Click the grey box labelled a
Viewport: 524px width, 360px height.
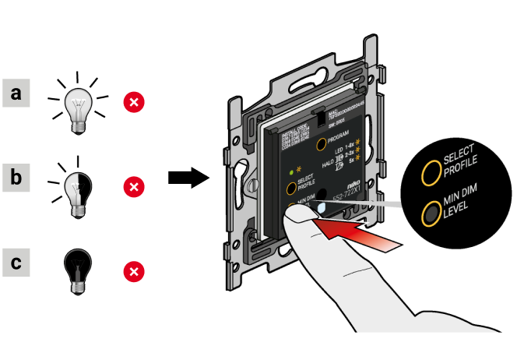(16, 94)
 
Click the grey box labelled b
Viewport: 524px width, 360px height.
(16, 178)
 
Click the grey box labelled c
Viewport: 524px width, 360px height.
(16, 262)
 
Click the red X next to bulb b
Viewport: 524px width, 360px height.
(135, 186)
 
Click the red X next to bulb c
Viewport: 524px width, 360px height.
(135, 270)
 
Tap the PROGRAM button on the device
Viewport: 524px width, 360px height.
(320, 143)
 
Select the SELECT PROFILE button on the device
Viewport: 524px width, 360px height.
(290, 188)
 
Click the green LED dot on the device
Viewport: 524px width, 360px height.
(290, 171)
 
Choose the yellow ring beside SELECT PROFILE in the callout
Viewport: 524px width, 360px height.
(428, 172)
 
